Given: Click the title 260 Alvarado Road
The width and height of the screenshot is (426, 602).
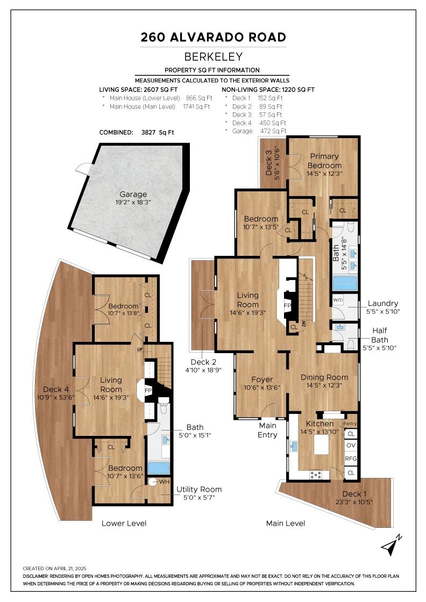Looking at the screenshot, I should [x=213, y=37].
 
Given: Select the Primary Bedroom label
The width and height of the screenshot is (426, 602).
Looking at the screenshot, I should [x=324, y=161].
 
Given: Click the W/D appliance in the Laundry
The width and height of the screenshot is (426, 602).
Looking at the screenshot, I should [x=338, y=300].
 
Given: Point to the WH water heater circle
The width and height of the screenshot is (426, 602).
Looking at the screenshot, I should [x=153, y=482].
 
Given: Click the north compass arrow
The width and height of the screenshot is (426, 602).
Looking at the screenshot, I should [x=392, y=544].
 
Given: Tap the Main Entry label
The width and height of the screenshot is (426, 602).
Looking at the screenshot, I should [x=267, y=431].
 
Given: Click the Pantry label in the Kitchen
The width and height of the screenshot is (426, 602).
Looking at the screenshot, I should [x=350, y=423].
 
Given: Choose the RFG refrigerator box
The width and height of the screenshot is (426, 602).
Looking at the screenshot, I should [x=351, y=458].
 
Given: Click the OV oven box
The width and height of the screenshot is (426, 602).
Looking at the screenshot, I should [x=351, y=446].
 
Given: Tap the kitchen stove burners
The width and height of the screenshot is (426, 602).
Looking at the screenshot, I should [x=316, y=475].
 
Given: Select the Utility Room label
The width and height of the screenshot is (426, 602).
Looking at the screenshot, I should [x=199, y=489].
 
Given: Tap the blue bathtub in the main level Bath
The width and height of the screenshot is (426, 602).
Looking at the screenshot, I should [x=345, y=283].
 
